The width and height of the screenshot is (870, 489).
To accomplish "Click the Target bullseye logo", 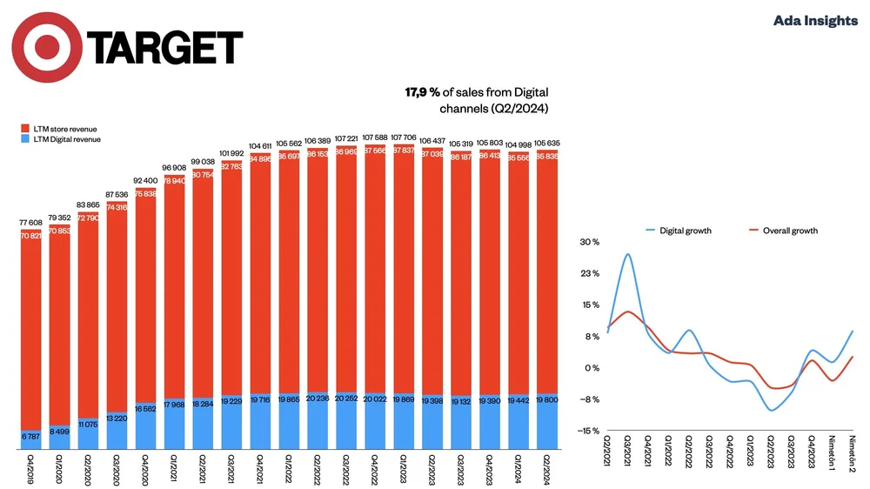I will pos(46,46).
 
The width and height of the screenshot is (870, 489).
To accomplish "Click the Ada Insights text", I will pos(815,20).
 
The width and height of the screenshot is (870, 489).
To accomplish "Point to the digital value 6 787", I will pos(32,435).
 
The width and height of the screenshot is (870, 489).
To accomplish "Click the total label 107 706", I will pos(405,137).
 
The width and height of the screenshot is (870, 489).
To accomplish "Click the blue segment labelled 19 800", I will pos(548,419).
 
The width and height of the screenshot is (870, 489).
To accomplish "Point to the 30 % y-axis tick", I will pos(590,242).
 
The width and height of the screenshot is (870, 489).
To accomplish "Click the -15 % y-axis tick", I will pos(589,431).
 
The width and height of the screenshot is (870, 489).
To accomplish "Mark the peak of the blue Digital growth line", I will pos(628,254).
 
